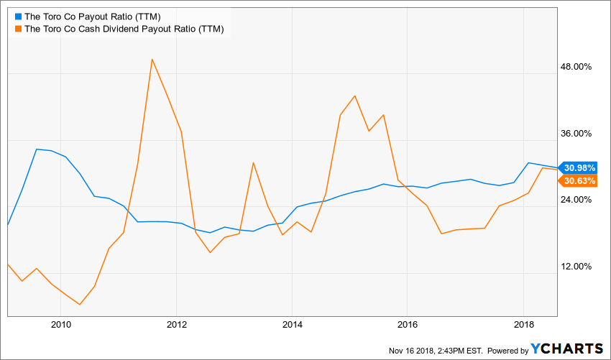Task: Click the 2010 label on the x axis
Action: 60,325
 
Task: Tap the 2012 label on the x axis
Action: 176,325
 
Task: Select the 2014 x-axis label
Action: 292,325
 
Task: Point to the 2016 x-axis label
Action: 408,325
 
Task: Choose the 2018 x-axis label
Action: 523,325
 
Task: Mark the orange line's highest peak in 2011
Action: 152,59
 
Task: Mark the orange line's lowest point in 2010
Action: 79,305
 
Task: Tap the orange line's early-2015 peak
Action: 355,96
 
